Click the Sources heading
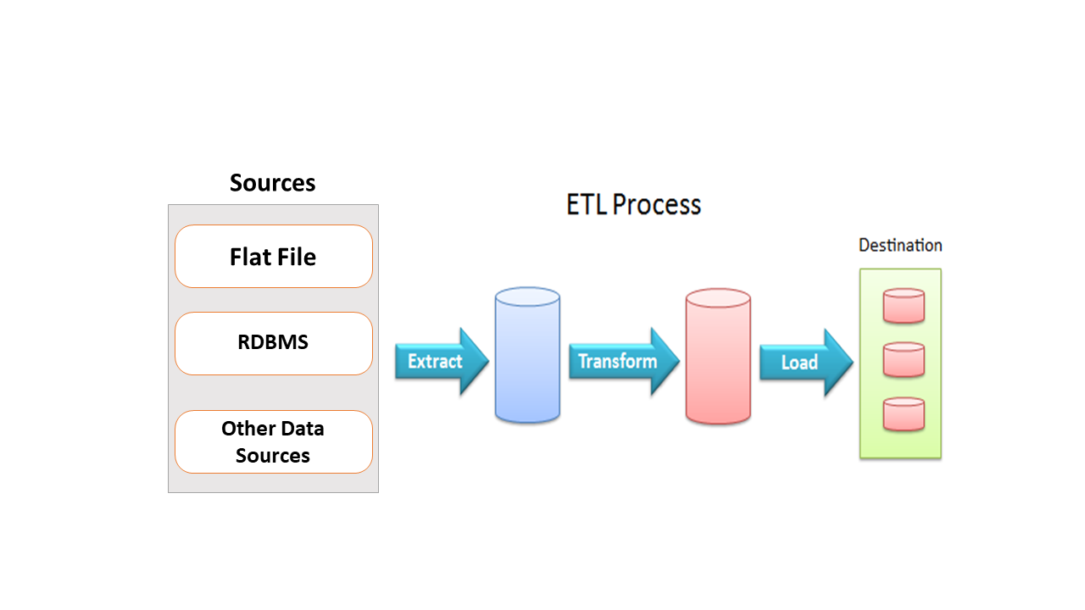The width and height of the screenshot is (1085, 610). pyautogui.click(x=272, y=183)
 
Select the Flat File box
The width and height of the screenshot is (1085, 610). pyautogui.click(x=274, y=256)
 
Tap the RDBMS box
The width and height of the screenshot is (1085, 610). pyautogui.click(x=274, y=343)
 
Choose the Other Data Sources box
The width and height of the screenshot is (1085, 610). pyautogui.click(x=274, y=441)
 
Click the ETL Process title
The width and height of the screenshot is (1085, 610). pyautogui.click(x=633, y=205)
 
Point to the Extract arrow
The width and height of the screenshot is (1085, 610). pyautogui.click(x=442, y=361)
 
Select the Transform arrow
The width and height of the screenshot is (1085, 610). pyautogui.click(x=624, y=361)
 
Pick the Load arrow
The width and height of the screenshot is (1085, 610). pyautogui.click(x=806, y=362)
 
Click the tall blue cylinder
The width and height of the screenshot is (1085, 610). pyautogui.click(x=527, y=355)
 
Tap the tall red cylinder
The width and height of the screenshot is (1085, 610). pyautogui.click(x=718, y=357)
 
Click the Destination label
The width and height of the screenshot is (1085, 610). pyautogui.click(x=900, y=246)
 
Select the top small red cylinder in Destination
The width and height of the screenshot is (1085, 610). pyautogui.click(x=904, y=306)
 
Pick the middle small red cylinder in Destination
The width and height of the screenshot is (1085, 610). pyautogui.click(x=904, y=360)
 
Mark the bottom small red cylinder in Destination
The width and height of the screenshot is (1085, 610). pyautogui.click(x=904, y=414)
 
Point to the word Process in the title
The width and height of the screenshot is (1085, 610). pyautogui.click(x=656, y=205)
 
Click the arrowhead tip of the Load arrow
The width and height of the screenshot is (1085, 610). pyautogui.click(x=853, y=362)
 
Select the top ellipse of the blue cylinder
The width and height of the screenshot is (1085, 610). pyautogui.click(x=527, y=297)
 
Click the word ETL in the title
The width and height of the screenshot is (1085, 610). pyautogui.click(x=587, y=205)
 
